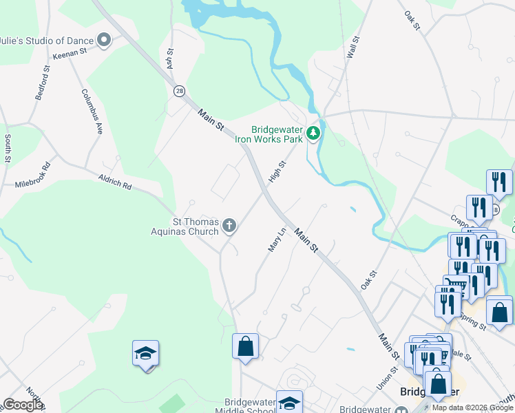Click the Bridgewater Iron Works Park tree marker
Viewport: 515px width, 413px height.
point(314,132)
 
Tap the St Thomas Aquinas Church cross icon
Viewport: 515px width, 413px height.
point(229,225)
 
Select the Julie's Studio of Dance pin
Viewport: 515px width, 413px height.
point(105,40)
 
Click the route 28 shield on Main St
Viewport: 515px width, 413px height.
point(180,91)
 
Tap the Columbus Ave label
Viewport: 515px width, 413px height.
point(92,109)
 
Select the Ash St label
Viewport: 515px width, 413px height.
point(169,60)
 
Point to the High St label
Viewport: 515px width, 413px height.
point(277,172)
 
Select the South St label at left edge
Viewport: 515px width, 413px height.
point(8,149)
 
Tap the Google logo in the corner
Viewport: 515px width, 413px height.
point(23,405)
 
